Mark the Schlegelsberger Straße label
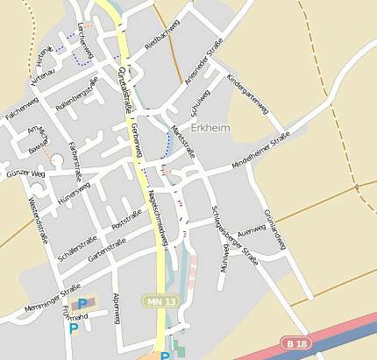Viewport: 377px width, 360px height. click(234, 235)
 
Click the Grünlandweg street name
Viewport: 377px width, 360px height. click(274, 229)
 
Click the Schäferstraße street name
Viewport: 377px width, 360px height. click(77, 249)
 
